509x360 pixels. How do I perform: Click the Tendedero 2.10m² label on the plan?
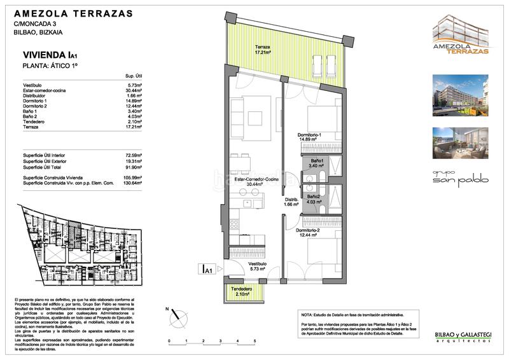pos(237,291)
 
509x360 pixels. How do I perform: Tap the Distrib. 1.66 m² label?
pos(291,204)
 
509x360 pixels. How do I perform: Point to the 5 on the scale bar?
pos(254,342)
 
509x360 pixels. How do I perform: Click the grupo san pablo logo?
pos(462,176)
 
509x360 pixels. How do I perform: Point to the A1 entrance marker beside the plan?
pos(206,270)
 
